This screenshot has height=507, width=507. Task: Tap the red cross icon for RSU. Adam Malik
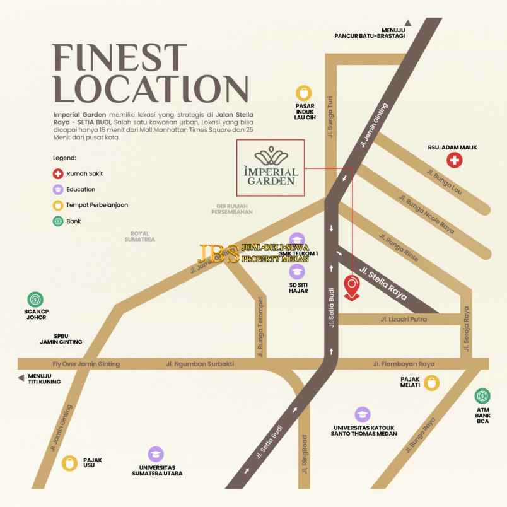pyautogui.click(x=454, y=160)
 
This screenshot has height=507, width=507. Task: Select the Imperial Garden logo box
pyautogui.click(x=270, y=168)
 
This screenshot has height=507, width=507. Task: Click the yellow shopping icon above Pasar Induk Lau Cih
pyautogui.click(x=305, y=93)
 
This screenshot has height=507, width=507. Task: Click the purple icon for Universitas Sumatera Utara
pyautogui.click(x=156, y=454)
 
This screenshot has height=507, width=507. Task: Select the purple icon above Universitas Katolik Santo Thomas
pyautogui.click(x=362, y=414)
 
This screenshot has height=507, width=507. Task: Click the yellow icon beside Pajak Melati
pyautogui.click(x=431, y=382)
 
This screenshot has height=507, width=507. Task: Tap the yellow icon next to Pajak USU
pyautogui.click(x=69, y=463)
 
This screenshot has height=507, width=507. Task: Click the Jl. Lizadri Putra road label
pyautogui.click(x=404, y=319)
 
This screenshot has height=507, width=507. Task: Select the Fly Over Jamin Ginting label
pyautogui.click(x=86, y=364)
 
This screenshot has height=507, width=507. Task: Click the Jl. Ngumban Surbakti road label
pyautogui.click(x=200, y=364)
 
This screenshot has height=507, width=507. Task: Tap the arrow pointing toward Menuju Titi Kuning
pyautogui.click(x=21, y=378)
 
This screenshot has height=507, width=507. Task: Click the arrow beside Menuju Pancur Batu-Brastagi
pyautogui.click(x=407, y=23)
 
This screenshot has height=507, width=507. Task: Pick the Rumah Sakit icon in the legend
pyautogui.click(x=58, y=173)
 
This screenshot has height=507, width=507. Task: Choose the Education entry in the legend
pyautogui.click(x=74, y=189)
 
